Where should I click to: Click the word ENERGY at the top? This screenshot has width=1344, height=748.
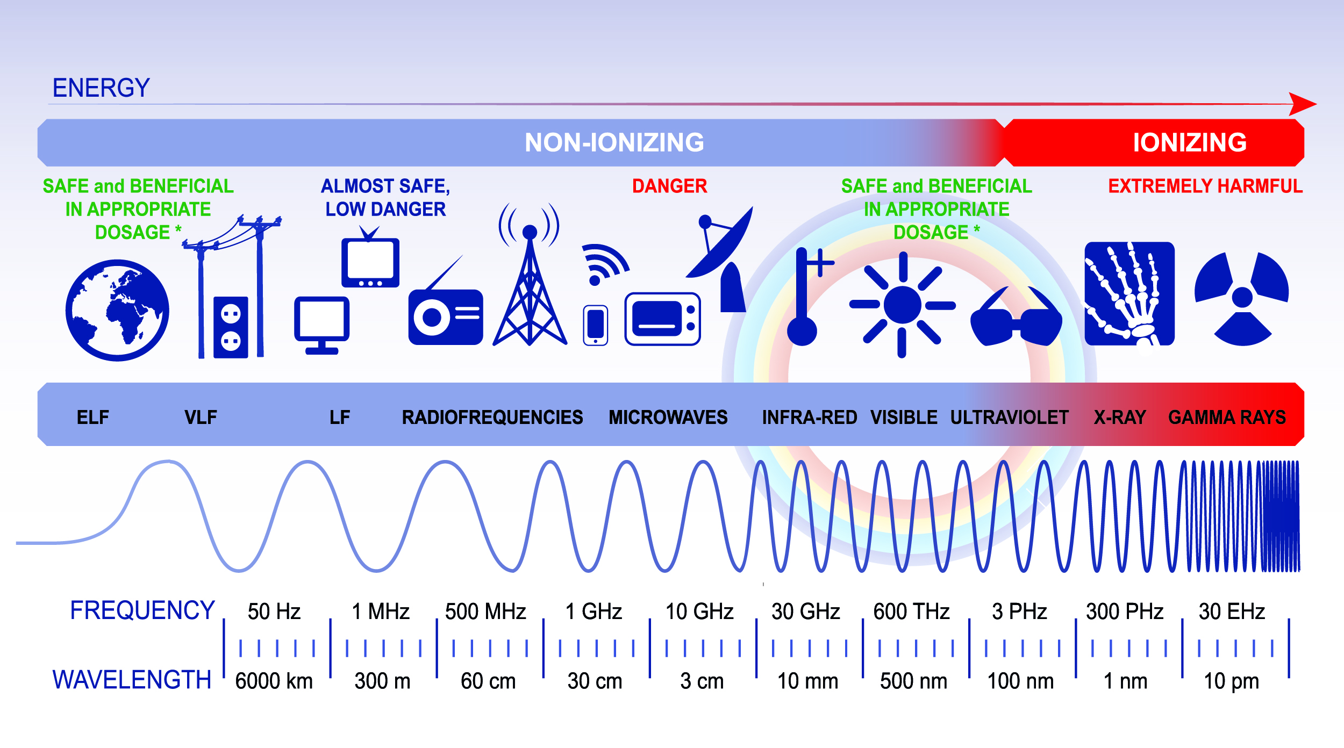pyautogui.click(x=101, y=88)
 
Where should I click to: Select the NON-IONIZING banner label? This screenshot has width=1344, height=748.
pyautogui.click(x=614, y=142)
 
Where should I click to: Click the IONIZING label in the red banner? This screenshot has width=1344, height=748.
pyautogui.click(x=1190, y=142)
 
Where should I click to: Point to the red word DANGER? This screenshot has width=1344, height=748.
pyautogui.click(x=669, y=186)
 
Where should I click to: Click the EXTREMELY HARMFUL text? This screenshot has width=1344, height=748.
pyautogui.click(x=1205, y=186)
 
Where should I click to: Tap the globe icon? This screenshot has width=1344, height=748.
pyautogui.click(x=117, y=310)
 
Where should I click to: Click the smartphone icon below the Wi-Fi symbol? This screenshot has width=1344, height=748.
pyautogui.click(x=596, y=326)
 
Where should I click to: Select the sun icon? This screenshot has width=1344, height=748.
pyautogui.click(x=902, y=305)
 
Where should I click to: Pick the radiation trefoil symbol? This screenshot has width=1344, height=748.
pyautogui.click(x=1242, y=298)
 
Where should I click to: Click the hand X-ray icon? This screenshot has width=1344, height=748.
pyautogui.click(x=1129, y=293)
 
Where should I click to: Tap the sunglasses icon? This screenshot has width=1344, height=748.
pyautogui.click(x=1016, y=317)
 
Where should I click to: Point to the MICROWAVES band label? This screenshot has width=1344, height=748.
pyautogui.click(x=668, y=418)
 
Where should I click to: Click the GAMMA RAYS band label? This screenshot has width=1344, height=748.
pyautogui.click(x=1227, y=418)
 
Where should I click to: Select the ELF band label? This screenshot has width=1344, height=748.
pyautogui.click(x=93, y=418)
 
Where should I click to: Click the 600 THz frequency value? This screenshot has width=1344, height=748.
pyautogui.click(x=911, y=612)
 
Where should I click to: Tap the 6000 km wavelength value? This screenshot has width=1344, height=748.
pyautogui.click(x=274, y=681)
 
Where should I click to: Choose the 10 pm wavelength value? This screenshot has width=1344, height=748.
pyautogui.click(x=1232, y=681)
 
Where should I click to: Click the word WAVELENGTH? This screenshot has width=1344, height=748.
pyautogui.click(x=132, y=680)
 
